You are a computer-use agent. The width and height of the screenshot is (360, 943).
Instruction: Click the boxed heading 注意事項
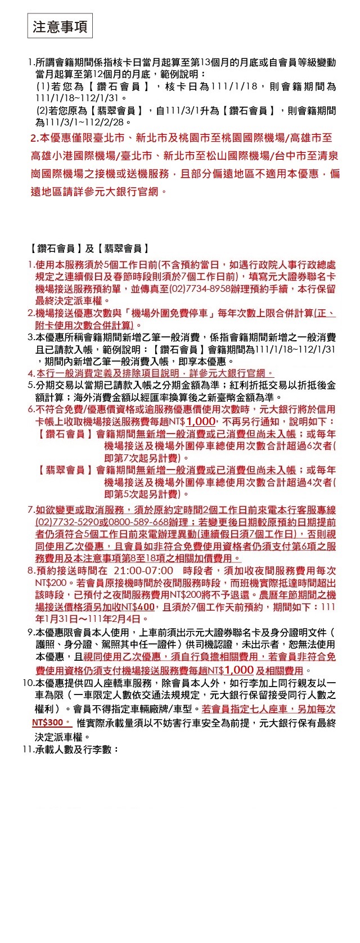point(60,27)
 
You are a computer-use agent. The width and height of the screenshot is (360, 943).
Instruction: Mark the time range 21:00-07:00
point(143,571)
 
